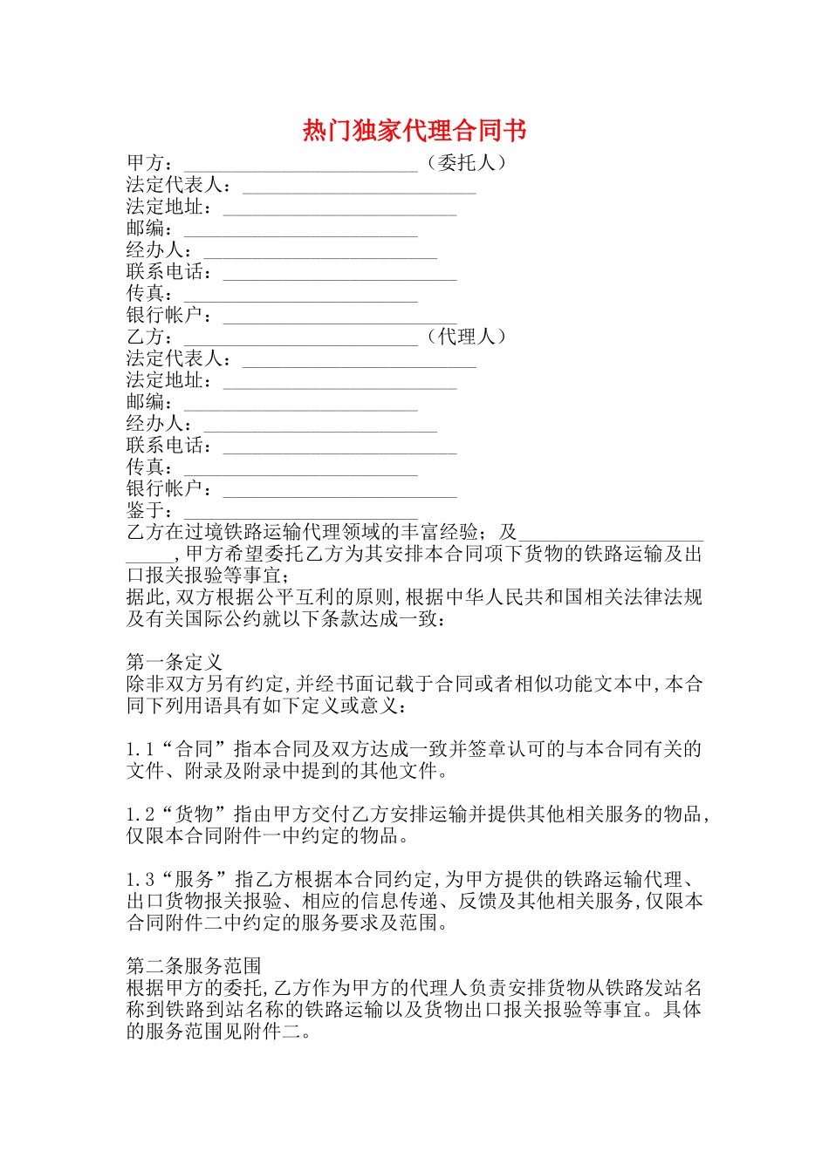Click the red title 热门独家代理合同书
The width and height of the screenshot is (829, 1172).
[x=414, y=131]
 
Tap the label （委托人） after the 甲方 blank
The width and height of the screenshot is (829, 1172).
[x=466, y=163]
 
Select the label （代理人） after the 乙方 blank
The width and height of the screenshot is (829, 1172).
[x=466, y=337]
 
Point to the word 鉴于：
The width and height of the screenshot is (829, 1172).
[x=150, y=510]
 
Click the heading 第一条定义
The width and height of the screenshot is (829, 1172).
[x=175, y=662]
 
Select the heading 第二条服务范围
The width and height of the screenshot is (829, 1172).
[x=194, y=966]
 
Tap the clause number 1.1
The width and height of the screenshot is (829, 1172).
[x=140, y=749]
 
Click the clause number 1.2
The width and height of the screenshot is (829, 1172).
[x=140, y=814]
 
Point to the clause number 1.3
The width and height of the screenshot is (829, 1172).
[x=140, y=880]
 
